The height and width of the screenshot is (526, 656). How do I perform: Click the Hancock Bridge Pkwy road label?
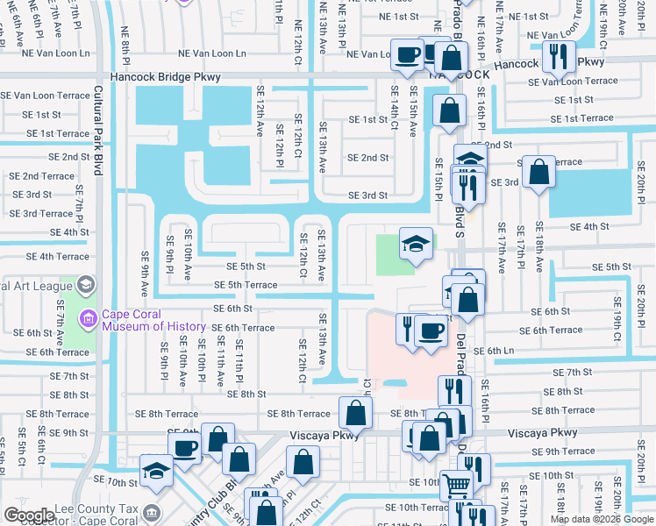click(x=165, y=77)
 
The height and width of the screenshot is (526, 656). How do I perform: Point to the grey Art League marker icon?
click(x=87, y=285)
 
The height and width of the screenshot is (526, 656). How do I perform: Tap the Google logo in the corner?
click(x=28, y=515)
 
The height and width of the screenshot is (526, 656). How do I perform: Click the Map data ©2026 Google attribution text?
click(x=601, y=519)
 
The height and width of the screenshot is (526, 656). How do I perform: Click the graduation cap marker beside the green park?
click(x=417, y=241)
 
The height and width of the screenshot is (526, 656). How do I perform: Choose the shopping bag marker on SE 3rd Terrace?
click(x=538, y=170)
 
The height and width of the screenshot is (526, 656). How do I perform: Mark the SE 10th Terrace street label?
click(x=411, y=508)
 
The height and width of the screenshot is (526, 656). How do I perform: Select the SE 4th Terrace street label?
click(x=58, y=257)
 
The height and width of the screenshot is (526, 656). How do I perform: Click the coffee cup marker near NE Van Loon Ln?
click(x=408, y=54)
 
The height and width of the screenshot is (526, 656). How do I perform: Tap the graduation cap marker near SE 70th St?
click(x=156, y=471)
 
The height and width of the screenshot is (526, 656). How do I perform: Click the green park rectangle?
click(x=396, y=254)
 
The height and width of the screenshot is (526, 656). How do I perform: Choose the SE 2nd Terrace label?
click(x=43, y=176)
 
